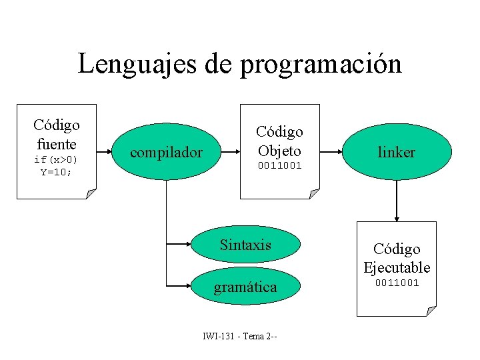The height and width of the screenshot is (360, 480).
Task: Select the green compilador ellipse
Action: (166, 153)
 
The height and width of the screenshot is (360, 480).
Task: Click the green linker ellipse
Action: (397, 153)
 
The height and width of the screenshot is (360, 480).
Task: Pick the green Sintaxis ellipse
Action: (245, 245)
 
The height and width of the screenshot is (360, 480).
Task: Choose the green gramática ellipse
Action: (245, 287)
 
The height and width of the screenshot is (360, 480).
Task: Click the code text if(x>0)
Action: (56, 160)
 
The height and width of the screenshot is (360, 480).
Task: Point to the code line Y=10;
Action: (56, 171)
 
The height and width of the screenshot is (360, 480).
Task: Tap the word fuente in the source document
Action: (57, 143)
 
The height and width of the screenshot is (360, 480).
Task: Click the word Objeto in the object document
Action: (280, 150)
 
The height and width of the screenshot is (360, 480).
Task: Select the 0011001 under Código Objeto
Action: (280, 165)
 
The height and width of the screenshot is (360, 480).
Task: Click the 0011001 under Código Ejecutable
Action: (397, 283)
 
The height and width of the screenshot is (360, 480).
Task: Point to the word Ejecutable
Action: (397, 267)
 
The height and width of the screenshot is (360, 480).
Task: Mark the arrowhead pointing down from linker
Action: (397, 217)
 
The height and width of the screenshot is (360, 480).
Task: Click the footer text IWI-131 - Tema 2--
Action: (240, 335)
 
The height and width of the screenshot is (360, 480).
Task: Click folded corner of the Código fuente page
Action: (91, 194)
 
